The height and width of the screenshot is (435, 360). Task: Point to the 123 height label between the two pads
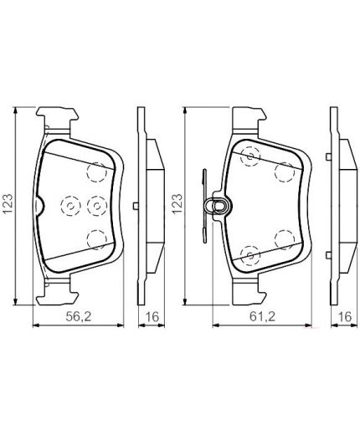click(177, 204)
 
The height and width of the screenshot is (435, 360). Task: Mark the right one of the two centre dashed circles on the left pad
click(96, 205)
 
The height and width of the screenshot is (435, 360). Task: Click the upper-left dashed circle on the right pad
click(249, 157)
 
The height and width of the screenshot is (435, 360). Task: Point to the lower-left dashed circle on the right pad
click(249, 253)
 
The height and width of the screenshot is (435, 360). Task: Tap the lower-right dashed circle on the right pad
click(284, 239)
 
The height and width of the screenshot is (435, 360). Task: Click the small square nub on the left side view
click(136, 207)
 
